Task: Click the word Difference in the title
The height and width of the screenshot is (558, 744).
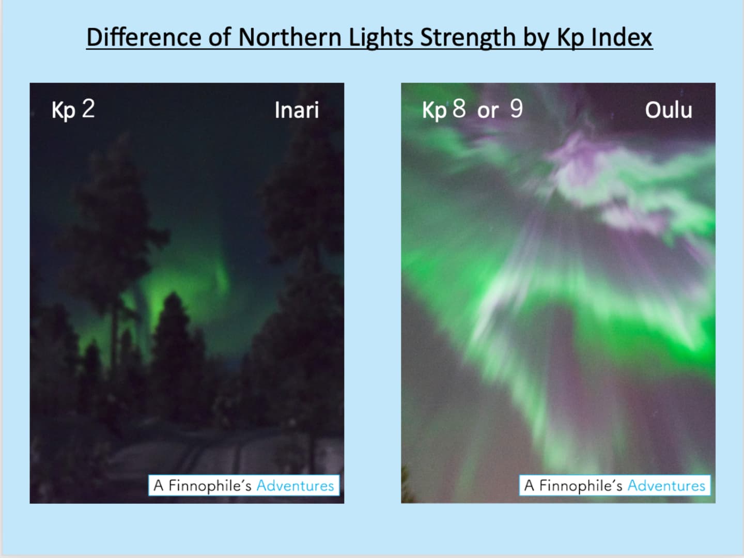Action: [x=144, y=37]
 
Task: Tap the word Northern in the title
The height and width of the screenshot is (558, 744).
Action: [x=290, y=37]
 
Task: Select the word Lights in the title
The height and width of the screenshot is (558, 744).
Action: [x=381, y=37]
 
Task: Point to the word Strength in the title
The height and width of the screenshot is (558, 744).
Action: [x=468, y=37]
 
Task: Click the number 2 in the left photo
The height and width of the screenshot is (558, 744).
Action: [x=88, y=109]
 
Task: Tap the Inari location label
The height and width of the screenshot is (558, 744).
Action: [x=297, y=110]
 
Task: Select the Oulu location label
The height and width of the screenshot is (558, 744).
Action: [x=669, y=110]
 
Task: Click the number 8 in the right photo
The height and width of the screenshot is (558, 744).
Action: [x=459, y=109]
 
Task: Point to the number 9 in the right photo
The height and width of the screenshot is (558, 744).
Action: [x=516, y=109]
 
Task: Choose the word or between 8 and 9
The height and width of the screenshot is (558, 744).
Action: [x=488, y=111]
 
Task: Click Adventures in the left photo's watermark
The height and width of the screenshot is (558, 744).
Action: [x=295, y=486]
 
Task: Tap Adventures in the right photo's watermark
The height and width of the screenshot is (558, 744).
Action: [x=667, y=486]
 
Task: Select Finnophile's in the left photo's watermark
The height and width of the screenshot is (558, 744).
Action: [x=210, y=486]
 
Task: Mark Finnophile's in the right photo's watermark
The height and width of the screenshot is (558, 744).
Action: [x=581, y=486]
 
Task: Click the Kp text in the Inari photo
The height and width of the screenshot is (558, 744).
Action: [x=64, y=111]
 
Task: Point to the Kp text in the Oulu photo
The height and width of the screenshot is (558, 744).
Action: [x=434, y=111]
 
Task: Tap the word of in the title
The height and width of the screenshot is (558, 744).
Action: [x=220, y=37]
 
